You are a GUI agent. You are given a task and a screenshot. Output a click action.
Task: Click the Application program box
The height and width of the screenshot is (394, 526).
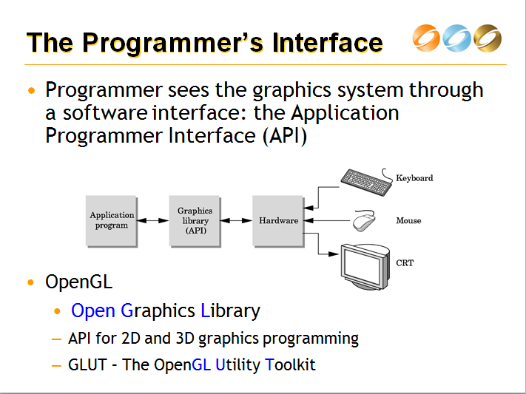[112, 220]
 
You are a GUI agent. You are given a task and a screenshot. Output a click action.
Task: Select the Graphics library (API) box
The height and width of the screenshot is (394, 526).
[195, 220]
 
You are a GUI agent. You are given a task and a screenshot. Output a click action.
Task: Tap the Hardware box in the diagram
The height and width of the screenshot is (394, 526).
[278, 220]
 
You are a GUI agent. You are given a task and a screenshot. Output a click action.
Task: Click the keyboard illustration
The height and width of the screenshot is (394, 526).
[366, 180]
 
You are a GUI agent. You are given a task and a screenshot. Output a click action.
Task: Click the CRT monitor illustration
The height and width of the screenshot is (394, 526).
[365, 265]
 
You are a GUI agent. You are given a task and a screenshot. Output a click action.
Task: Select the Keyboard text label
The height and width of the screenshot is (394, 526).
[414, 178]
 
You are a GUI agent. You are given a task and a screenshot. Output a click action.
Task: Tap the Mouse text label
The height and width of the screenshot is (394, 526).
[408, 221]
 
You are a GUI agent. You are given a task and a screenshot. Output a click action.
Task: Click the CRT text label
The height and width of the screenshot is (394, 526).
[405, 262]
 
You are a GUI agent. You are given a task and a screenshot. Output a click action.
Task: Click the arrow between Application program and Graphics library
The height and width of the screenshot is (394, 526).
[153, 220]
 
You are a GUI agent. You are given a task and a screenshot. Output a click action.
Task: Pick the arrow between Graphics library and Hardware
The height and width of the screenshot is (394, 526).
[236, 220]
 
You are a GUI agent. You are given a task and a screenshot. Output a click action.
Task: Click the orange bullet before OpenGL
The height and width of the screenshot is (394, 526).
[30, 283]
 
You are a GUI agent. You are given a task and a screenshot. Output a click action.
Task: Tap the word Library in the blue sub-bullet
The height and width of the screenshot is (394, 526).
[230, 310]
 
